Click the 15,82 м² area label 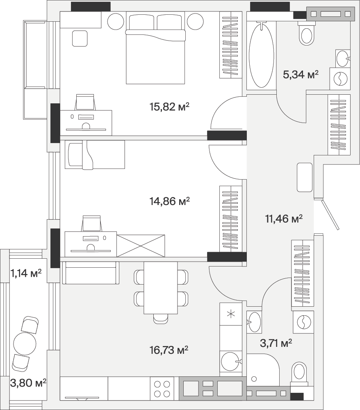[169, 107]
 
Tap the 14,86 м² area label [169, 201]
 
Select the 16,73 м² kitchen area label [169, 350]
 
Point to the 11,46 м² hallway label [284, 219]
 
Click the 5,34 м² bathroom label [301, 75]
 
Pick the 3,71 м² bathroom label [276, 342]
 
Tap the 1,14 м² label [26, 273]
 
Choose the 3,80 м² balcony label [28, 383]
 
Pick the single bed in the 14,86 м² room [95, 155]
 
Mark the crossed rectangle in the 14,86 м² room [141, 246]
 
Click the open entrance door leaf [330, 214]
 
